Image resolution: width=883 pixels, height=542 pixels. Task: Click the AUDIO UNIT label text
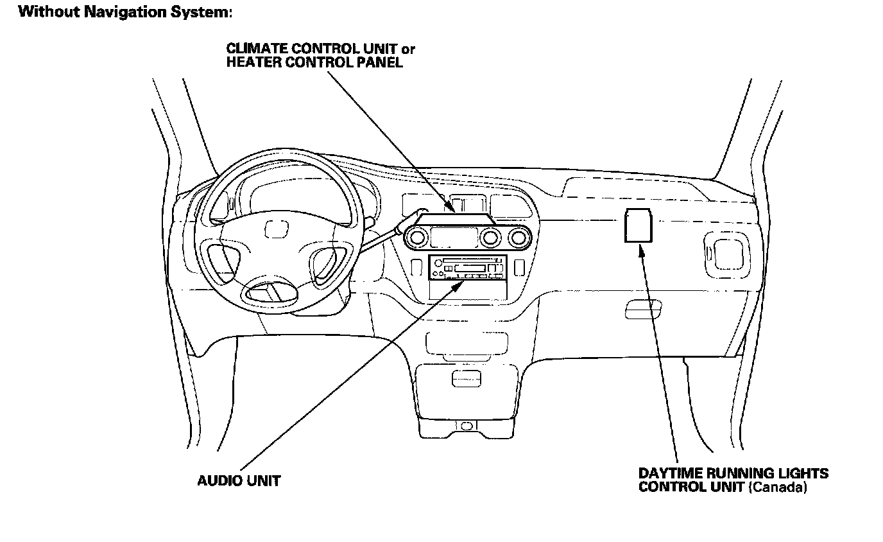click(238, 480)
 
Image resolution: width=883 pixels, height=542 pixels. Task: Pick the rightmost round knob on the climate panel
click(517, 239)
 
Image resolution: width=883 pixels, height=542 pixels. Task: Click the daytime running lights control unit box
click(638, 225)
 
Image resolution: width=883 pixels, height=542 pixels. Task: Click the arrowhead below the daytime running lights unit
click(640, 248)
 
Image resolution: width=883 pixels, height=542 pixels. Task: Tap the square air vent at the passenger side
click(725, 250)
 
